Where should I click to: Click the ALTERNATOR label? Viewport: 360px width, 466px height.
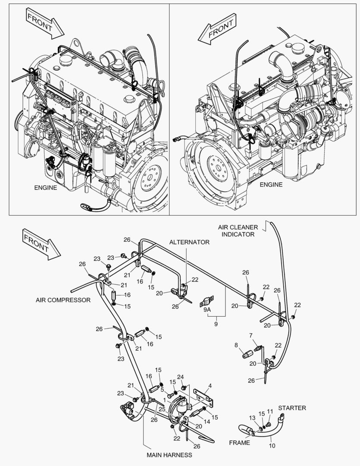point(189,242)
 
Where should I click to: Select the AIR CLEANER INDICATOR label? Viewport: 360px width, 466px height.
point(238,230)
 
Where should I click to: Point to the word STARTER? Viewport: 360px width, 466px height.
point(292,407)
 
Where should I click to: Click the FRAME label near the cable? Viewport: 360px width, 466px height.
point(239,442)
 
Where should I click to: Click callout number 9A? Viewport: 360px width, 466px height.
point(207,309)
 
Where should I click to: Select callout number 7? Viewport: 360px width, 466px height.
point(250,336)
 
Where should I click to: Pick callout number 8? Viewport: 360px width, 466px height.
point(236,345)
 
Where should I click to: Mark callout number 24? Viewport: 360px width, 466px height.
point(180,376)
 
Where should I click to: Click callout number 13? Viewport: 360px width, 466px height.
point(253,418)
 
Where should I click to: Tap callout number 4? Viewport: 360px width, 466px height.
point(210,385)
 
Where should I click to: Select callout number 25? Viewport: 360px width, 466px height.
point(162,409)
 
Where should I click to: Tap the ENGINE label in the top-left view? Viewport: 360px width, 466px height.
point(45,188)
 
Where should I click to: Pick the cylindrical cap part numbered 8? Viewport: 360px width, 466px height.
point(247,354)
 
